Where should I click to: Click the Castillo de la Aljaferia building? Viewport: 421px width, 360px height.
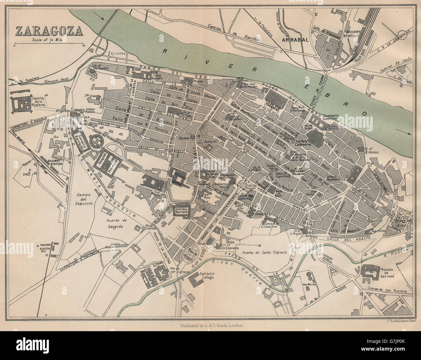pyautogui.click(x=21, y=103)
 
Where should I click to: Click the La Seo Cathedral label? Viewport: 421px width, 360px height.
pyautogui.click(x=304, y=143)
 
